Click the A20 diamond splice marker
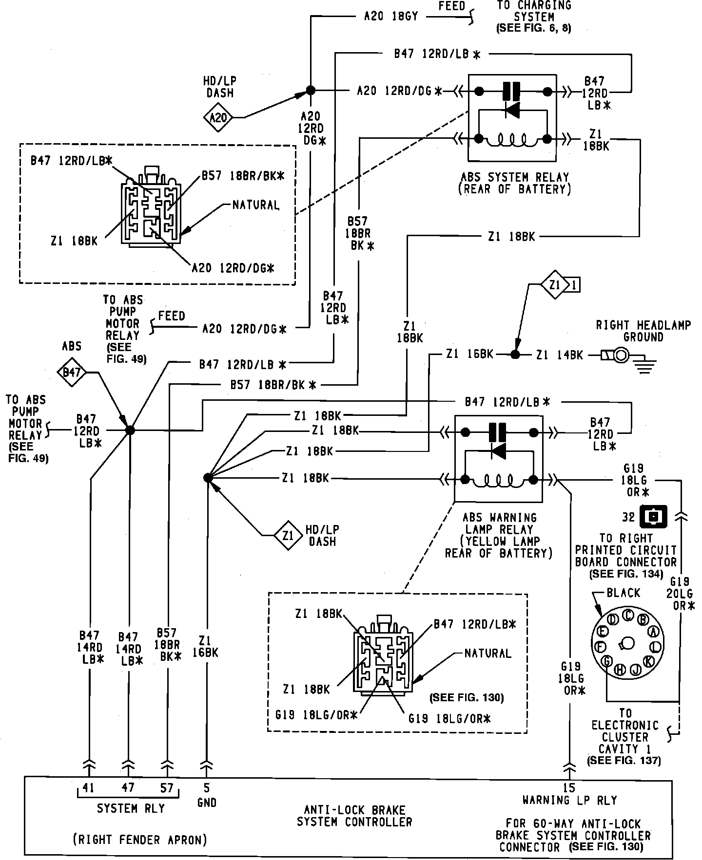coord(218,117)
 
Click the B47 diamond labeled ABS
coord(72,373)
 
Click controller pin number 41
coord(88,787)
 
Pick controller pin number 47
coord(128,787)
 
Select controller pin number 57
coord(167,787)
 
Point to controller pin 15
coord(569,787)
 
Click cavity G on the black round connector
coord(607,661)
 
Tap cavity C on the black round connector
coord(628,614)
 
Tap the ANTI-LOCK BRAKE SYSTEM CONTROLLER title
coord(354,816)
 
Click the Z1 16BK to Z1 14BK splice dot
coord(515,355)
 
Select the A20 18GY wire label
coord(391,17)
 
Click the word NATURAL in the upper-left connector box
coord(256,205)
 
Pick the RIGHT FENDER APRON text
coord(140,839)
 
